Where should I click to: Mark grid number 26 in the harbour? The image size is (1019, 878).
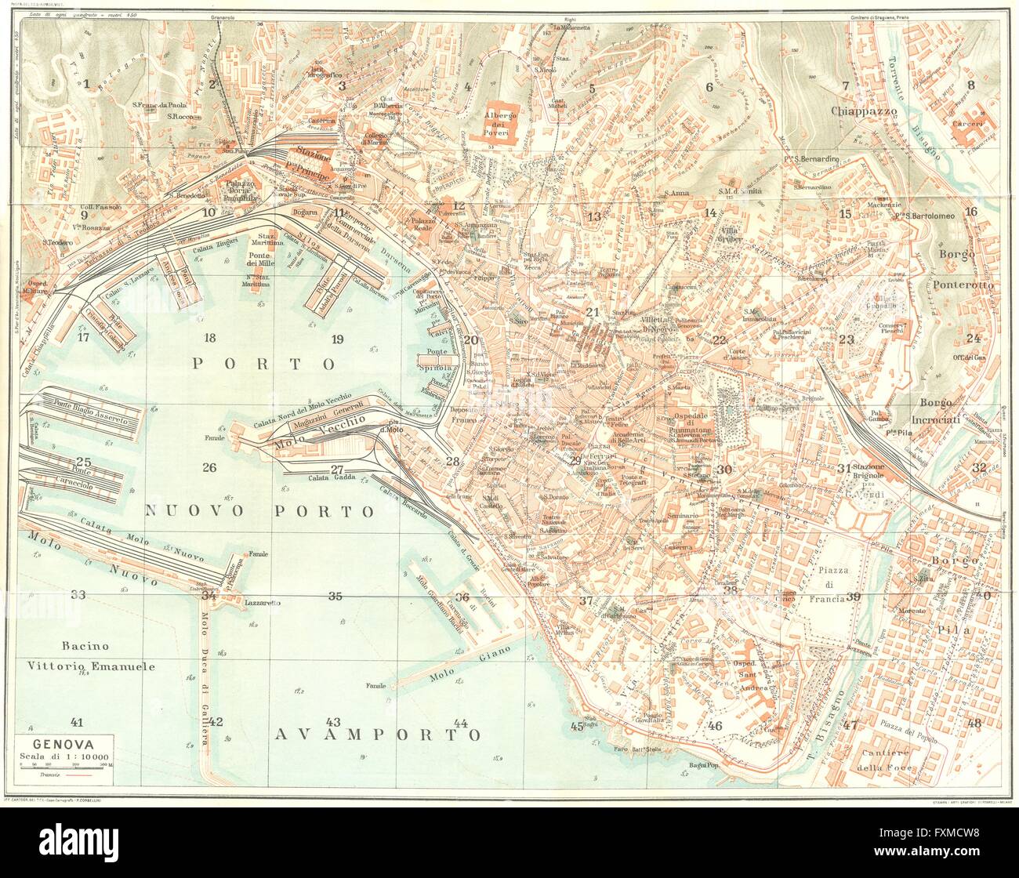[x=209, y=468]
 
